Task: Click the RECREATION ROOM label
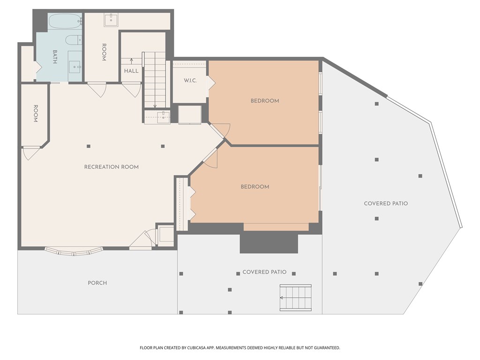(x=112, y=167)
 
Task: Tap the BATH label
(x=55, y=57)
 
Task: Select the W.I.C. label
(x=190, y=81)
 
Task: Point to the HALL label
(x=131, y=71)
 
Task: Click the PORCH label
(x=97, y=283)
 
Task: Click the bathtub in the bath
(x=65, y=21)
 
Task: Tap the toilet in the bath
(x=74, y=40)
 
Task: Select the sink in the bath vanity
(x=75, y=67)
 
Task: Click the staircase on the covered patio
(x=296, y=298)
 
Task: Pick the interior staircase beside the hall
(x=155, y=80)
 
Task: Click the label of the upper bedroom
(x=265, y=101)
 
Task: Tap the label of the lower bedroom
(x=255, y=187)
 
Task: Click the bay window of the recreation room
(x=74, y=252)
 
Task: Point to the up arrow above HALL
(x=131, y=61)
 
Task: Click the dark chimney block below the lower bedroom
(x=269, y=242)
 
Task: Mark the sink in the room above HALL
(x=111, y=20)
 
